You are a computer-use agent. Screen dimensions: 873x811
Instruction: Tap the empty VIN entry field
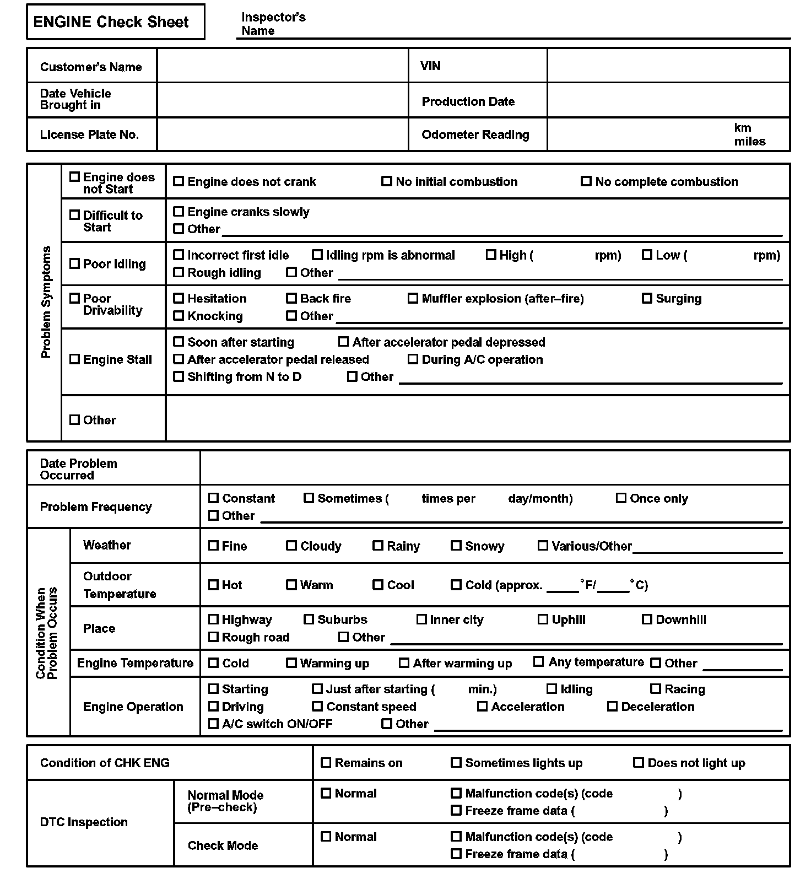[668, 66]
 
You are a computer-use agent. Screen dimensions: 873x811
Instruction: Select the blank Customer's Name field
[282, 66]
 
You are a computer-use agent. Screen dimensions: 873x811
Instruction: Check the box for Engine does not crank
[179, 181]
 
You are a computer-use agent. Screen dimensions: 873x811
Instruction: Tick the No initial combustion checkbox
[387, 181]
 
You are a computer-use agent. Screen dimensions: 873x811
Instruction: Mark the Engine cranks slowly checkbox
[179, 212]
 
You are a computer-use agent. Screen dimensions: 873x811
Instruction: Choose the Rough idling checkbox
[179, 272]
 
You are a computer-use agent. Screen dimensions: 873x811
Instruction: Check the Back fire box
[291, 299]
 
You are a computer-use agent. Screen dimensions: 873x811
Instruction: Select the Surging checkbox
[647, 299]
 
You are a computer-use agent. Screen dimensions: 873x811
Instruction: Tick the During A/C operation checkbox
[413, 359]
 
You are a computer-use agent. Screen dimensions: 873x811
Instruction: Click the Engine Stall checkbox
[74, 359]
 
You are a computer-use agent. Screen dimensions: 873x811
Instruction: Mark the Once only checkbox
[621, 498]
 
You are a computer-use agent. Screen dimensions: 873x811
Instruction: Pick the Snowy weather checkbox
[456, 546]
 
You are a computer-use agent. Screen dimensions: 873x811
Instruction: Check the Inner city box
[421, 619]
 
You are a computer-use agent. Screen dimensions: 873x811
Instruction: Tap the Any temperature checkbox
[539, 662]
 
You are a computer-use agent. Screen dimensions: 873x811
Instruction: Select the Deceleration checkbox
[612, 707]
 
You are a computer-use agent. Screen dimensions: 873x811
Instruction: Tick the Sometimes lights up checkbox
[456, 763]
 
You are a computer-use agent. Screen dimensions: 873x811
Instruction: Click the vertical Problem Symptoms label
[46, 302]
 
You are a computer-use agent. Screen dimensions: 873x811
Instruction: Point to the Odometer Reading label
[475, 134]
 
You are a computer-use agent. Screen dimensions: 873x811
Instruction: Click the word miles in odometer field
[749, 141]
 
